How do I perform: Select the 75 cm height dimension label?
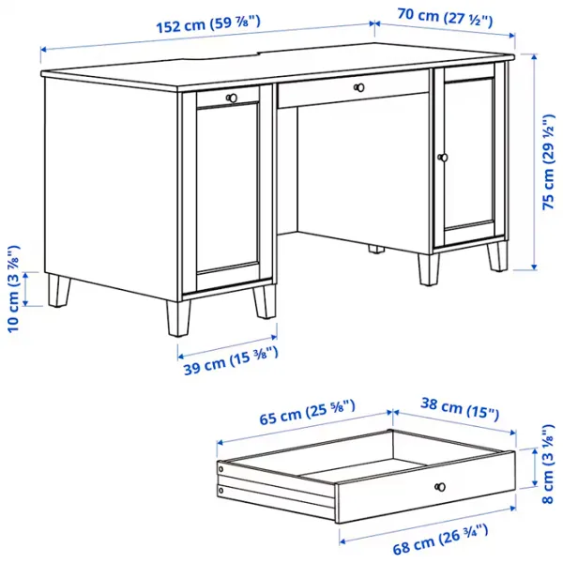tap(548, 165)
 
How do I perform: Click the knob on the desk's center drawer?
tap(358, 87)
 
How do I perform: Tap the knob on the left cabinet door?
tap(231, 97)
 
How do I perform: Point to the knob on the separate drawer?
tap(438, 486)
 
